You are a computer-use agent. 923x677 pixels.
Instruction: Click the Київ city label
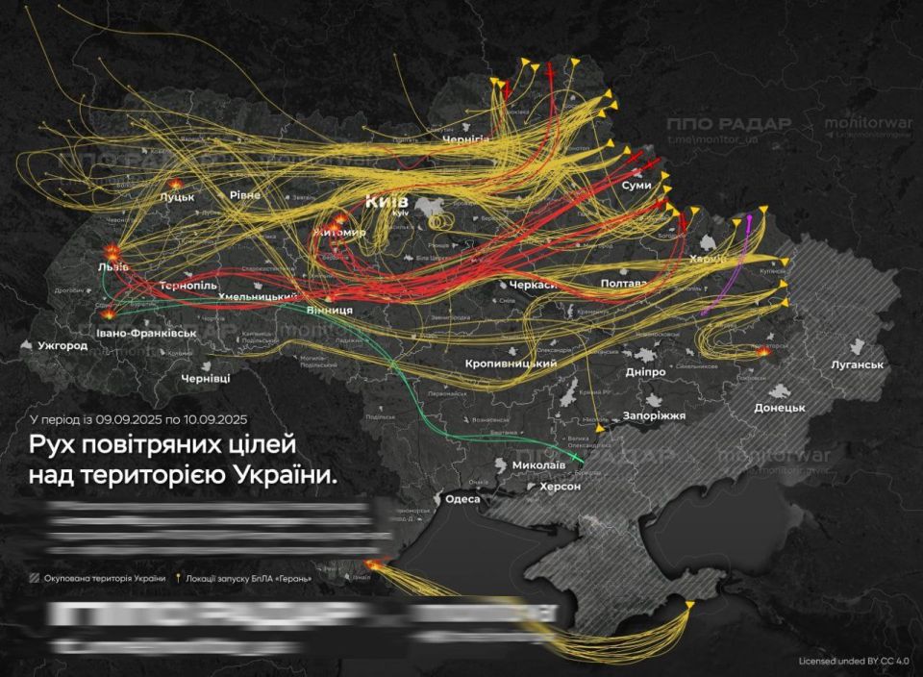coord(386,202)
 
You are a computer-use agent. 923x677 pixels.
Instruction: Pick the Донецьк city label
coord(780,408)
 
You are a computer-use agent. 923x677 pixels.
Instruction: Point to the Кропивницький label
coord(511,364)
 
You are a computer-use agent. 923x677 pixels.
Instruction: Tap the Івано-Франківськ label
coord(146,333)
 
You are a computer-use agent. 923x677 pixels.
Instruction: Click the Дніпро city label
coord(643,371)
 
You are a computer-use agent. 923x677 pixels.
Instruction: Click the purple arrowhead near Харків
coord(750,219)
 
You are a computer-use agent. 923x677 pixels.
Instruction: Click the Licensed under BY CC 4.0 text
coord(853,662)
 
